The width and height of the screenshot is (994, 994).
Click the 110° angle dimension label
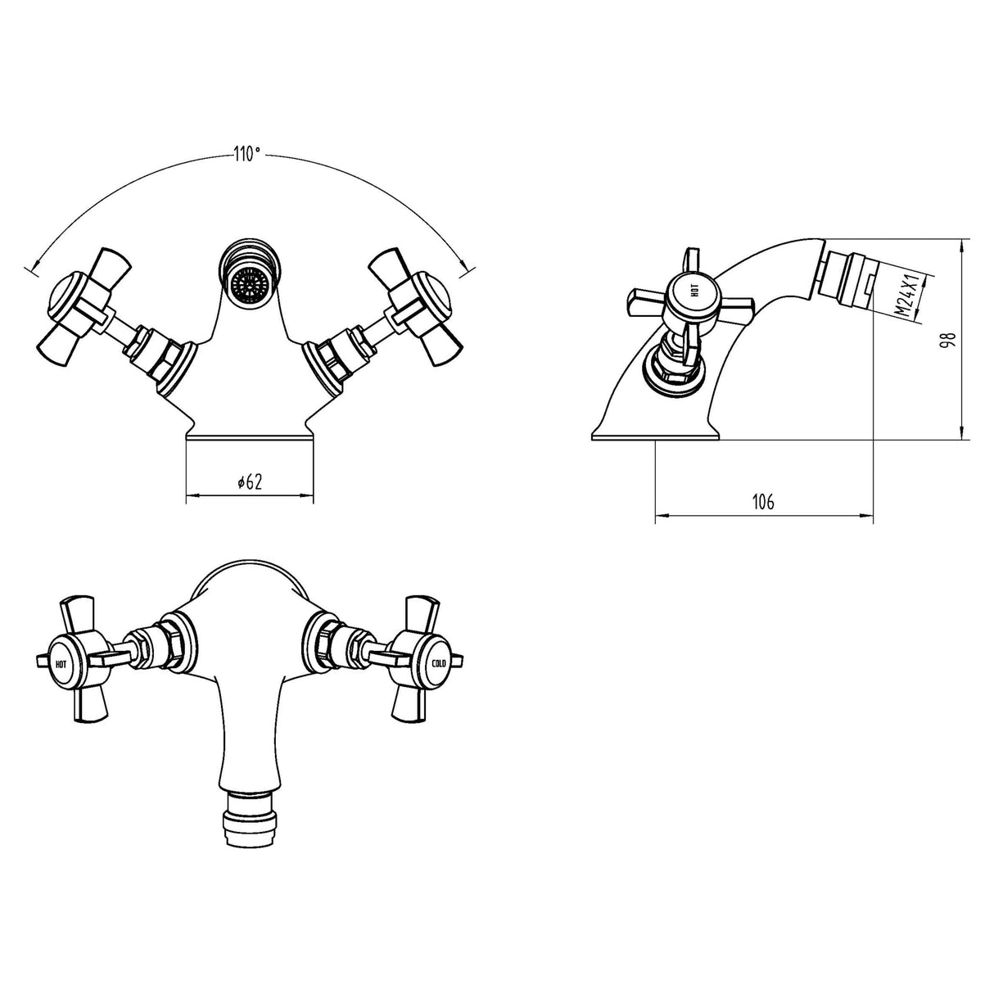248,153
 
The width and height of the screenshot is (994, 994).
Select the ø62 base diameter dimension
249,483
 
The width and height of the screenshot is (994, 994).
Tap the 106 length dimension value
762,503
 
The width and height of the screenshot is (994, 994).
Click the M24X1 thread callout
903,298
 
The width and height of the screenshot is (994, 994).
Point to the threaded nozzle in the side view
847,277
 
